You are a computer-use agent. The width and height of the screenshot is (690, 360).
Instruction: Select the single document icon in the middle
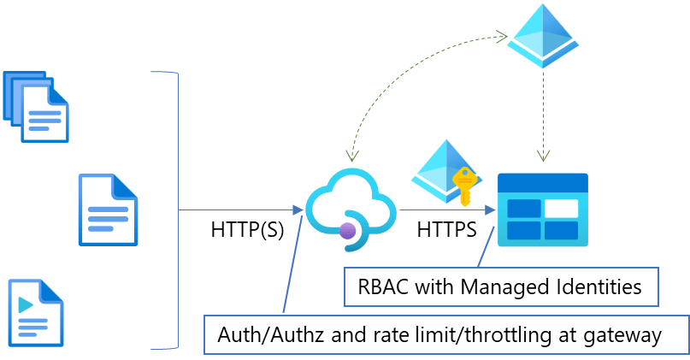click(108, 210)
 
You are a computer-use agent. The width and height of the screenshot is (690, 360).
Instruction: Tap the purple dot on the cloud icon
click(347, 229)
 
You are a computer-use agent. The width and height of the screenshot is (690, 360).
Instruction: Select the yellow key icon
click(464, 187)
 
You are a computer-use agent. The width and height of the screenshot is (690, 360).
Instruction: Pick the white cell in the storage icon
click(561, 208)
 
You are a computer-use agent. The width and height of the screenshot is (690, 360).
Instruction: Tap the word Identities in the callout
click(598, 287)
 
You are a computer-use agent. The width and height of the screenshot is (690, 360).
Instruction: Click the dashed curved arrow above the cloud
click(402, 73)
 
